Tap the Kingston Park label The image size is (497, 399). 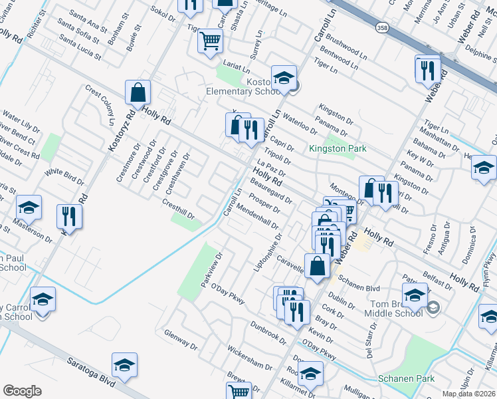pyautogui.click(x=338, y=148)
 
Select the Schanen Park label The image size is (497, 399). pyautogui.click(x=406, y=378)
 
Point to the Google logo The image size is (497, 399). pyautogui.click(x=22, y=391)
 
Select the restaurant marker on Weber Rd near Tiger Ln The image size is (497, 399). pyautogui.click(x=427, y=68)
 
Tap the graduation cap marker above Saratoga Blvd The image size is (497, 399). pyautogui.click(x=124, y=365)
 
